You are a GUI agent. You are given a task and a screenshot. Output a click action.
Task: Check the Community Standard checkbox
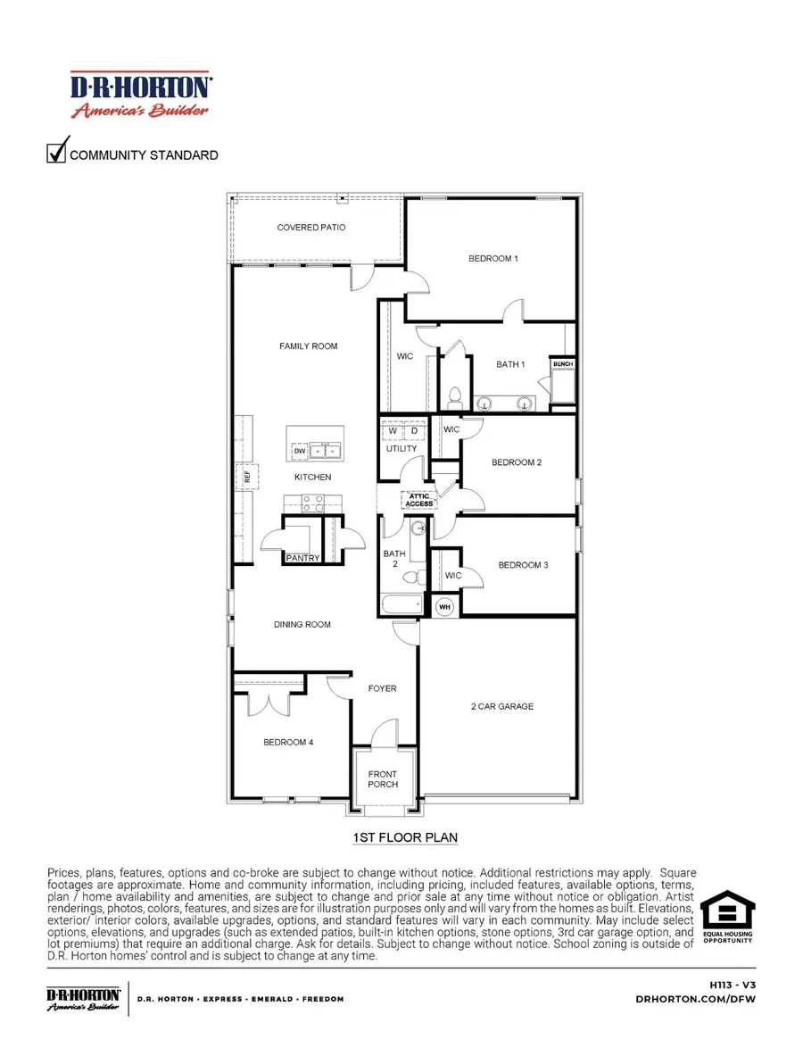[57, 153]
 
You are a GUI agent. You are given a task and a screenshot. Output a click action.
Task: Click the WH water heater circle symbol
[445, 607]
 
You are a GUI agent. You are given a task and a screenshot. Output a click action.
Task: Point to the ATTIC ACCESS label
[419, 500]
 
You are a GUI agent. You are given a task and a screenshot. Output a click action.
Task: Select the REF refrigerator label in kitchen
[239, 476]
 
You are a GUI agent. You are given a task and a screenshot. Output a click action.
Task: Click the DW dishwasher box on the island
[300, 452]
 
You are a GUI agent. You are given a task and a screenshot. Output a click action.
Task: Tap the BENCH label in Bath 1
[562, 365]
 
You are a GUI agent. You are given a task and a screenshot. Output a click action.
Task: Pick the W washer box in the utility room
[393, 431]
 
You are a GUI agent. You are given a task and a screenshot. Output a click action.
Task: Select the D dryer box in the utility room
[414, 431]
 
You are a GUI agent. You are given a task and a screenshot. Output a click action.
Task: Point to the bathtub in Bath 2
[401, 604]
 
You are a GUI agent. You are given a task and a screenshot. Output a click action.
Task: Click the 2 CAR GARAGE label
[502, 706]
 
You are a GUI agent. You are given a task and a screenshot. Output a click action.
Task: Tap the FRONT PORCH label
[383, 779]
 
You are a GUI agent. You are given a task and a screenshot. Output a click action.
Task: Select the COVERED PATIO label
[310, 228]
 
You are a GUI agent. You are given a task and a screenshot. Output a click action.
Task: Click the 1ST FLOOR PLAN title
[400, 837]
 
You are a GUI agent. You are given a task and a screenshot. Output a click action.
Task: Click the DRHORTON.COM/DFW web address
[711, 999]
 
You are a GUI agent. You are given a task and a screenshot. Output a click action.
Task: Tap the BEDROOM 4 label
[287, 742]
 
